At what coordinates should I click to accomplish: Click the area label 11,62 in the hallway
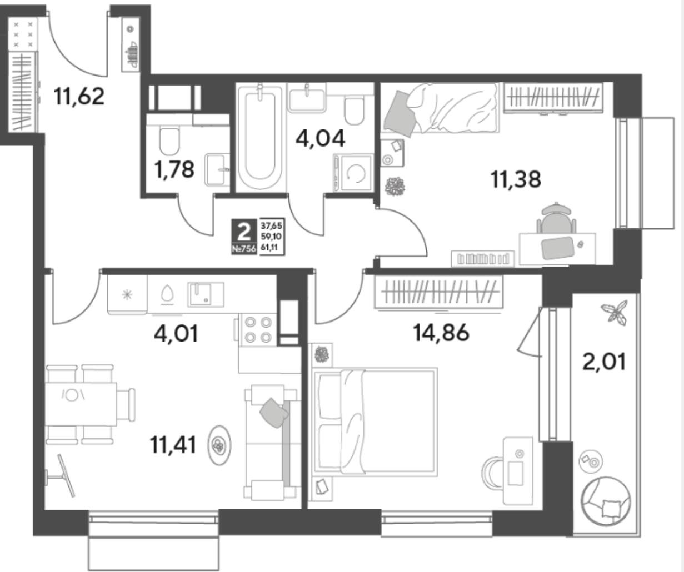[x=79, y=96]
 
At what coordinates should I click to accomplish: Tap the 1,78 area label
[x=174, y=169]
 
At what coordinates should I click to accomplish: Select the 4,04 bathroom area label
[x=320, y=138]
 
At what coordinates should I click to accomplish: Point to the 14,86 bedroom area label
[x=441, y=332]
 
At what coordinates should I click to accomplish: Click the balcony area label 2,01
[x=604, y=362]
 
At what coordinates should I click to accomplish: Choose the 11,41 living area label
[x=173, y=445]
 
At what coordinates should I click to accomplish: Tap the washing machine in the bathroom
[x=353, y=173]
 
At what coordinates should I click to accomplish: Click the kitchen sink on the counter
[x=206, y=294]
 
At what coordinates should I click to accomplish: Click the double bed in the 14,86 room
[x=375, y=422]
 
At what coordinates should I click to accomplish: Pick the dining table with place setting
[x=81, y=404]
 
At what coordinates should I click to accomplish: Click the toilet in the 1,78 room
[x=169, y=142]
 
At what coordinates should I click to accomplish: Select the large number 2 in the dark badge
[x=244, y=231]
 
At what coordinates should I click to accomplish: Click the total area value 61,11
[x=269, y=248]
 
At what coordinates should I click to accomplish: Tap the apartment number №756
[x=244, y=249]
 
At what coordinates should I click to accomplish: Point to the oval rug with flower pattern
[x=219, y=445]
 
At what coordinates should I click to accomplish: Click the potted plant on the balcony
[x=614, y=313]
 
